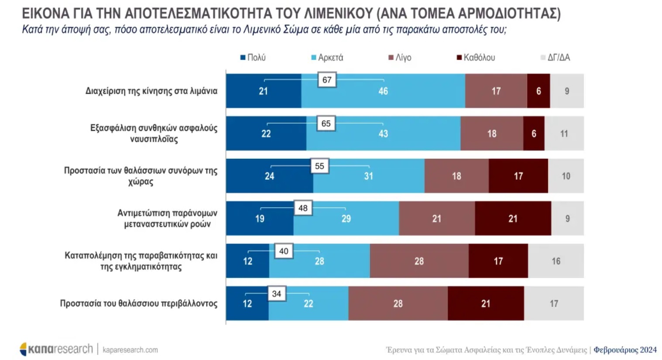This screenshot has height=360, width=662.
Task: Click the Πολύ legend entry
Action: click(253, 58)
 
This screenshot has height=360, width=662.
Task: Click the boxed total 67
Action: click(327, 80)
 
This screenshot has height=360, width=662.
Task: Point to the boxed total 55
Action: click(319, 166)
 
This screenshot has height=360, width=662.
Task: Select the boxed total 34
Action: click(277, 294)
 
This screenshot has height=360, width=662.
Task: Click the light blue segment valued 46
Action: click(383, 91)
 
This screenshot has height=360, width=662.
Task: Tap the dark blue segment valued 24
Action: click(269, 176)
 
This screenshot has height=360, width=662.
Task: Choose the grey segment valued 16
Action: click(556, 261)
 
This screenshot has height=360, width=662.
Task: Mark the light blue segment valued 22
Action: click(308, 304)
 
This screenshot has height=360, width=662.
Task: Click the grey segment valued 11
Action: click(564, 134)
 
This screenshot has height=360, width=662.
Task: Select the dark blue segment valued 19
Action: click(260, 219)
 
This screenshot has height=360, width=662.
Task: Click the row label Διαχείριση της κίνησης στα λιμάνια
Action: click(151, 91)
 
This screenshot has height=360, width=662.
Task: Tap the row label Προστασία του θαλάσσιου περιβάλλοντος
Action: click(138, 304)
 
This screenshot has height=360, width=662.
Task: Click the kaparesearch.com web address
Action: click(130, 350)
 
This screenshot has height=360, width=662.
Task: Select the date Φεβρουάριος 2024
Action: click(625, 350)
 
